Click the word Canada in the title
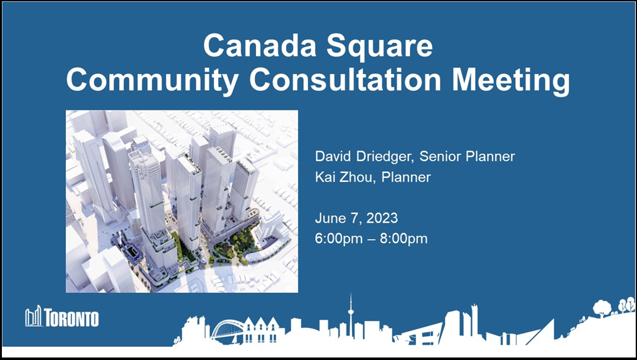click(260, 45)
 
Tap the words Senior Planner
click(467, 156)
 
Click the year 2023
click(382, 218)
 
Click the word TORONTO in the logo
click(72, 317)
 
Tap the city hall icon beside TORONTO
click(34, 316)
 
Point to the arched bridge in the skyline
click(227, 329)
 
